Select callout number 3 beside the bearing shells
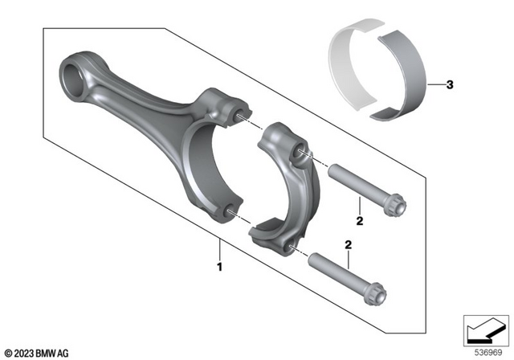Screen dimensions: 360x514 click(450, 84)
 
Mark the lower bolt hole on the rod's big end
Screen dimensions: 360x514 click(230, 211)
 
